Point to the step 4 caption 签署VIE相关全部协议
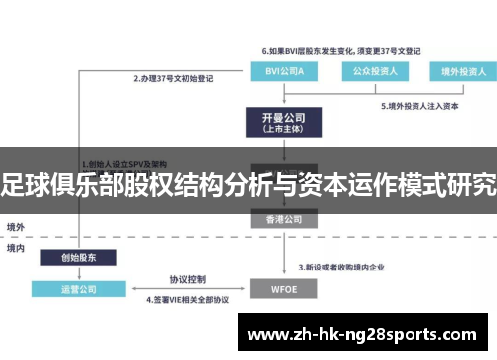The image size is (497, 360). point(189,298)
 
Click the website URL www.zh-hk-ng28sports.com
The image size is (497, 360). point(367,333)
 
